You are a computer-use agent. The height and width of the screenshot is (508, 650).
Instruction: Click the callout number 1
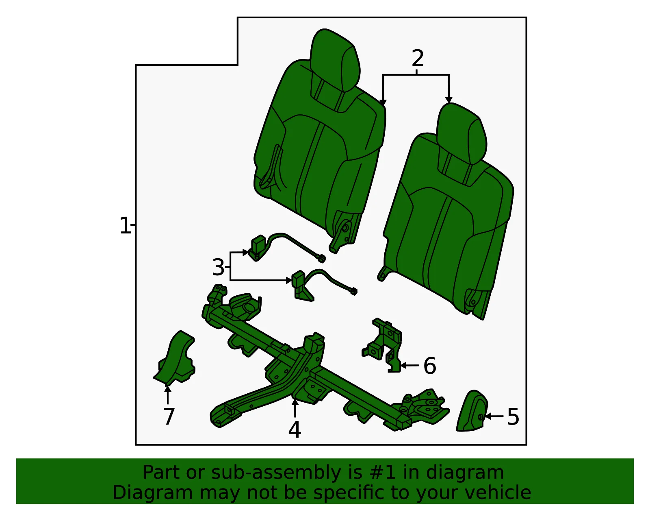125,225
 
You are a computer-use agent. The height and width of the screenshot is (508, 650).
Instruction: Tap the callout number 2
418,59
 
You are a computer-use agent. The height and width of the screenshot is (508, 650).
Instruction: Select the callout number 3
218,267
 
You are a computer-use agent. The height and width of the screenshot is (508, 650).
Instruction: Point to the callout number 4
295,430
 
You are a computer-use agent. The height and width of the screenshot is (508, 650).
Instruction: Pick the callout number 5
513,417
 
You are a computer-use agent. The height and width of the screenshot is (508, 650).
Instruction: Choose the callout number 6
430,366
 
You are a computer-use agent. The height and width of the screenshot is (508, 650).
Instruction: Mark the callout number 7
169,416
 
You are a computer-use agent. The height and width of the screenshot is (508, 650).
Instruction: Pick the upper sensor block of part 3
258,247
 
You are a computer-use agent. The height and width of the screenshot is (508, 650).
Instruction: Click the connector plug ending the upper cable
321,258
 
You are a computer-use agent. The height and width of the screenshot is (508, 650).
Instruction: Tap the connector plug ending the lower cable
353,291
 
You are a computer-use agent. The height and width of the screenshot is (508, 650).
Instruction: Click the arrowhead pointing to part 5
487,416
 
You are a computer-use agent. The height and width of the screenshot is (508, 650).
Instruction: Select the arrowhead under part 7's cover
168,390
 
